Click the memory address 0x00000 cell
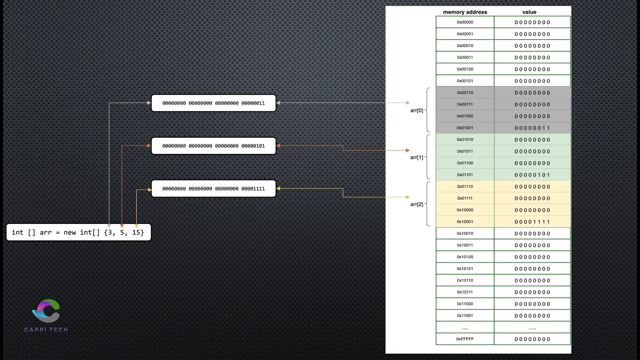click(465, 22)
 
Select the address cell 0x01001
click(465, 128)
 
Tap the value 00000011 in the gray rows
click(532, 128)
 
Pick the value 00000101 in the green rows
click(532, 175)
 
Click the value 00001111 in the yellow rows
click(532, 221)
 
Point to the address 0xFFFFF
click(465, 339)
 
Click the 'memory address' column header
click(465, 12)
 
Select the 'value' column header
click(529, 12)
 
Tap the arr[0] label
click(416, 110)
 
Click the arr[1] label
click(416, 157)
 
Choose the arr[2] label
click(416, 204)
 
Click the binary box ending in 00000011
click(213, 103)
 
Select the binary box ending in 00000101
click(213, 146)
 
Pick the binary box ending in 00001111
click(213, 189)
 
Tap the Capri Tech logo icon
click(46, 310)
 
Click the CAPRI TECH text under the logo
click(46, 329)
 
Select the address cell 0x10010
click(465, 233)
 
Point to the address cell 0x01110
click(465, 186)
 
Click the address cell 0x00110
click(465, 92)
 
